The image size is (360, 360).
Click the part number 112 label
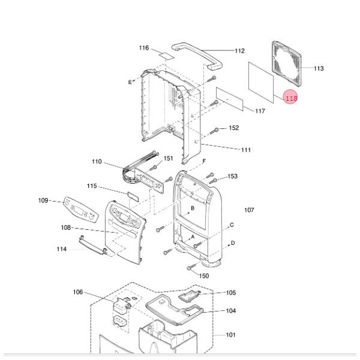coord(239,51)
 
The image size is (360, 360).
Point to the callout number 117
coord(260,112)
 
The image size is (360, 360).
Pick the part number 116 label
coord(143,48)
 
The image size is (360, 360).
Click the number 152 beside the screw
coord(234,128)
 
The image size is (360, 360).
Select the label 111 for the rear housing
coord(246,150)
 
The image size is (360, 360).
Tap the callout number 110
coord(97,162)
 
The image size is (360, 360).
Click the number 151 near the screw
coord(169,158)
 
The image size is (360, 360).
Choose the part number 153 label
coord(232,176)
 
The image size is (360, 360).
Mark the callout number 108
coord(66,228)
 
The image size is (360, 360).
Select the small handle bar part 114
coord(92,244)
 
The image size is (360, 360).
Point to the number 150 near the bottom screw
coord(204,276)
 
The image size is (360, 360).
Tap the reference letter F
coord(204,161)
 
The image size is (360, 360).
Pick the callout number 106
coord(78,292)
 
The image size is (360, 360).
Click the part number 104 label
coord(231,311)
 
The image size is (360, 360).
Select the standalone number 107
coord(249,210)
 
